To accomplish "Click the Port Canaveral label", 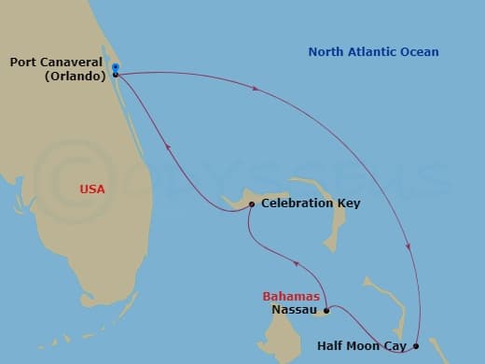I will pyautogui.click(x=56, y=63).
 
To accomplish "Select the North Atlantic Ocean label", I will pyautogui.click(x=373, y=52).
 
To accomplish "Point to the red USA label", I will pyautogui.click(x=92, y=189).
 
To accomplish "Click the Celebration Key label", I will pyautogui.click(x=311, y=203).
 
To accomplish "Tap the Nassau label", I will pyautogui.click(x=291, y=310).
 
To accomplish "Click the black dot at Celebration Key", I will pyautogui.click(x=252, y=203).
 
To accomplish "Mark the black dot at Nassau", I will pyautogui.click(x=326, y=311).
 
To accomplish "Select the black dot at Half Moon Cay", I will pyautogui.click(x=416, y=346).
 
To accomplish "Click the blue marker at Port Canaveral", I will pyautogui.click(x=115, y=67).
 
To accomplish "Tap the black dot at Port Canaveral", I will pyautogui.click(x=115, y=75).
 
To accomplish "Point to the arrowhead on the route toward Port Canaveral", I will pyautogui.click(x=168, y=145).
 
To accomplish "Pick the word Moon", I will pyautogui.click(x=367, y=345).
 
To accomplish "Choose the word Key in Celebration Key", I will pyautogui.click(x=349, y=203).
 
